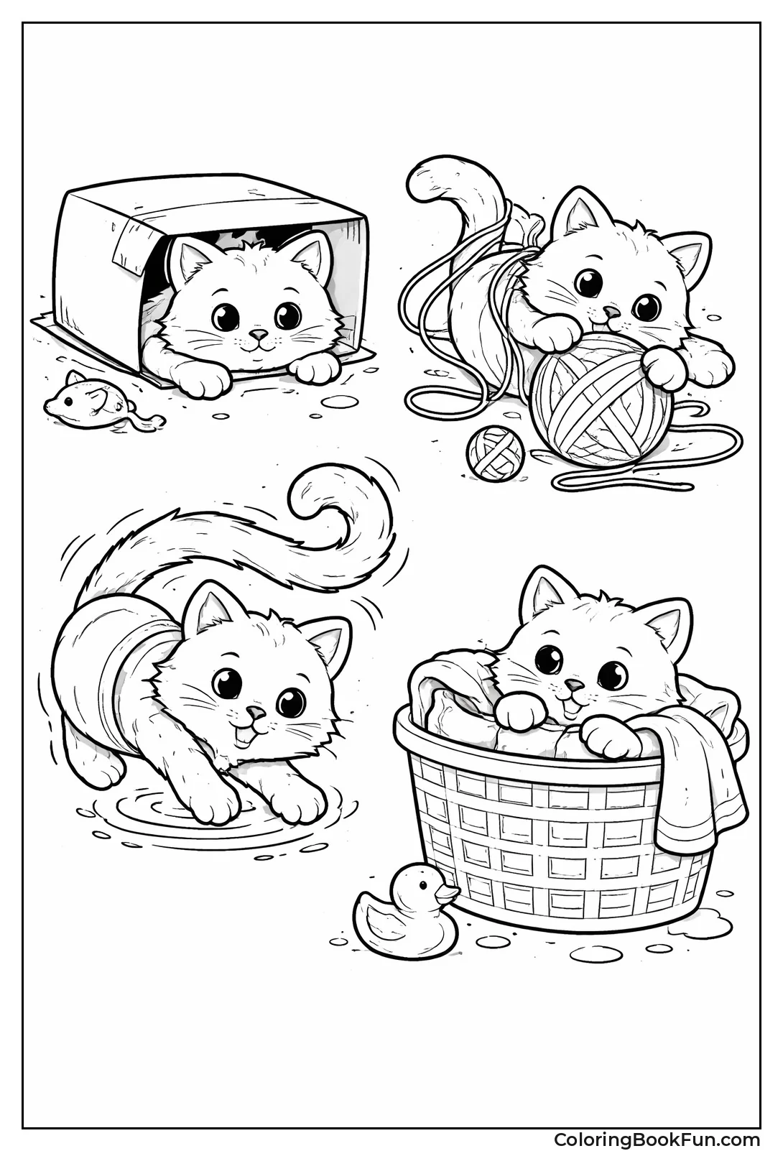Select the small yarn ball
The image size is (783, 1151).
(495, 452)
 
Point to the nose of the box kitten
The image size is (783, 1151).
(258, 336)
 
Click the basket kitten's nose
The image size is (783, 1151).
(572, 683)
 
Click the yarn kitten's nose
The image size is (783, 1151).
(611, 313)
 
